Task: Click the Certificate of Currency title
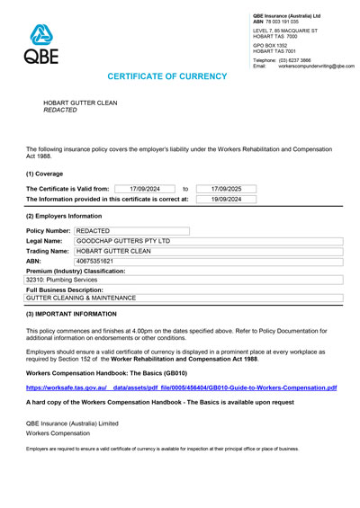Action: (179, 78)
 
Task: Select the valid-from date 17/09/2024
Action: (144, 188)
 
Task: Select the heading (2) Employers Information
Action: (64, 217)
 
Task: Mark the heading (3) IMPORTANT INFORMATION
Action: (71, 314)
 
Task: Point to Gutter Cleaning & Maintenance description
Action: (81, 298)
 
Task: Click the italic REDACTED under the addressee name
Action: (60, 110)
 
